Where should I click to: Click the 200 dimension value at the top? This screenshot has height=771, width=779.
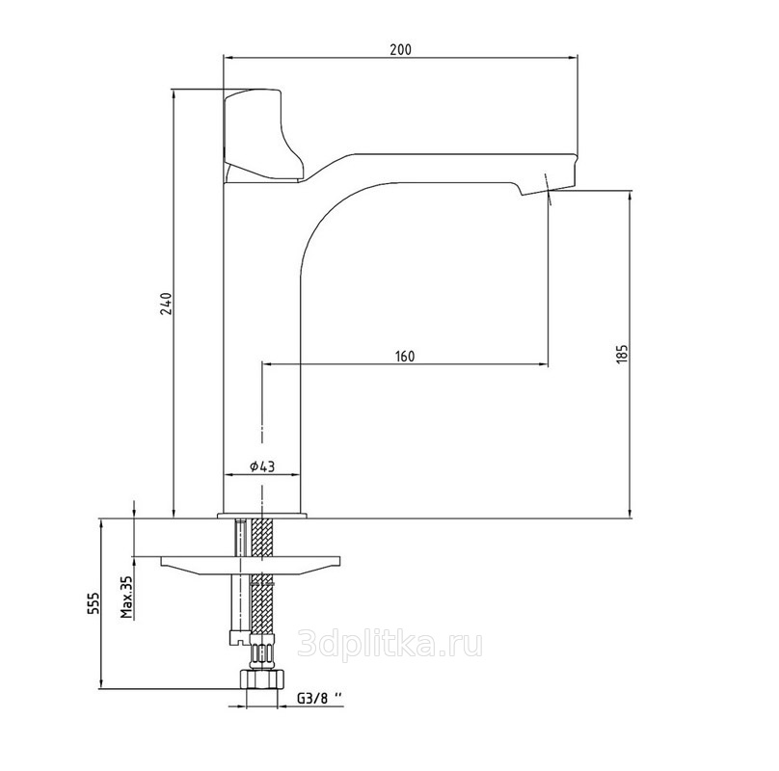(x=400, y=49)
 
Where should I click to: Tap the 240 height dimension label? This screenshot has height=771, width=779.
(x=166, y=304)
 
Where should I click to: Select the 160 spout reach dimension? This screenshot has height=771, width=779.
(x=405, y=357)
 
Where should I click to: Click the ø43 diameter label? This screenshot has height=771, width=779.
(x=262, y=466)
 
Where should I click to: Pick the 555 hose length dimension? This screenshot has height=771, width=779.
(x=94, y=602)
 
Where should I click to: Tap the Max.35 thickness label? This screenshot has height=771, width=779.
(x=127, y=597)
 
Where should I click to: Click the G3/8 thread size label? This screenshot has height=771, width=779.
(x=320, y=698)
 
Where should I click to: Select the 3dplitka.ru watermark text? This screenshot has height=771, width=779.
(x=390, y=645)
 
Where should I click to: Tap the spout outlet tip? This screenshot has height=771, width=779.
(x=547, y=189)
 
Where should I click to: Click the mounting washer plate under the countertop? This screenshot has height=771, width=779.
(x=251, y=566)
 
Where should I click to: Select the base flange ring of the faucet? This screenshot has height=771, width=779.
(x=262, y=516)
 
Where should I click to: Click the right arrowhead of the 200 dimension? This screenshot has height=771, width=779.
(x=575, y=58)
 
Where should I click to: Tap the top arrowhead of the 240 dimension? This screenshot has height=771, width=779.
(x=174, y=93)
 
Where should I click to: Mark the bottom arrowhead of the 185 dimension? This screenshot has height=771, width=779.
(x=630, y=514)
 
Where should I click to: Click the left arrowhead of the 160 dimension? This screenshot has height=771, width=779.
(x=267, y=364)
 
